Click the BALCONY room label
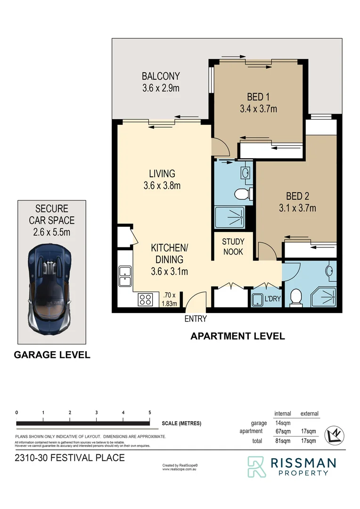click(161, 76)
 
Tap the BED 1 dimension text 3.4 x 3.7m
click(258, 109)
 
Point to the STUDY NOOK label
click(233, 247)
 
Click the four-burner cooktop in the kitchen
click(145, 299)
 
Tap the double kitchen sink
click(125, 276)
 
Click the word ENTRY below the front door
click(196, 319)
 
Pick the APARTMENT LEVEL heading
click(237, 336)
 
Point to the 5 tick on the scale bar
click(150, 412)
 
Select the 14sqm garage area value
click(282, 423)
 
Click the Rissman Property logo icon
click(257, 467)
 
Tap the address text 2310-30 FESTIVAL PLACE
click(70, 458)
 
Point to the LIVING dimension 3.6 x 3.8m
click(162, 185)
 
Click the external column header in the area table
click(309, 413)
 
